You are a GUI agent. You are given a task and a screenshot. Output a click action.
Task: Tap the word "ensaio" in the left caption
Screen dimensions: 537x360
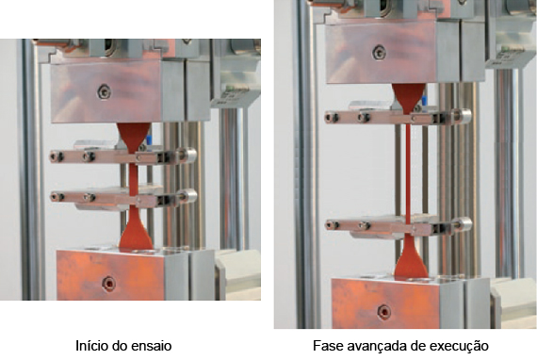pos(155,346)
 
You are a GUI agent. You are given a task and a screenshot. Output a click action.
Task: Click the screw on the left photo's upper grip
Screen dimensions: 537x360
pos(104,91)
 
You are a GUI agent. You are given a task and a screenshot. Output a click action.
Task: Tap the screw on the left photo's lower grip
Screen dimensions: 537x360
pos(108,284)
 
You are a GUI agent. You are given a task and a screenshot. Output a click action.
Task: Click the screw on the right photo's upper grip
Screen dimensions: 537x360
pos(379,53)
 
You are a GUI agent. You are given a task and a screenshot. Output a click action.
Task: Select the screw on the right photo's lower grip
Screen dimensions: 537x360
pos(383,312)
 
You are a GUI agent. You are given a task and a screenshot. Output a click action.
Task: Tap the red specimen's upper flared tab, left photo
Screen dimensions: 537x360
pos(133,137)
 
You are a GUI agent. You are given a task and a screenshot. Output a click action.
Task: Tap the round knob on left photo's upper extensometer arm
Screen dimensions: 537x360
pos(187,155)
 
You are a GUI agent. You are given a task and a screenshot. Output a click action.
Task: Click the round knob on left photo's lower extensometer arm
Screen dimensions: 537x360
pos(188,196)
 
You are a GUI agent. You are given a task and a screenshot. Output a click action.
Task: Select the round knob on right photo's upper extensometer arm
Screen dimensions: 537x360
pos(463,116)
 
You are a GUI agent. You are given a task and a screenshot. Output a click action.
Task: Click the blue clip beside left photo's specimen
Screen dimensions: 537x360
pos(149,140)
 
